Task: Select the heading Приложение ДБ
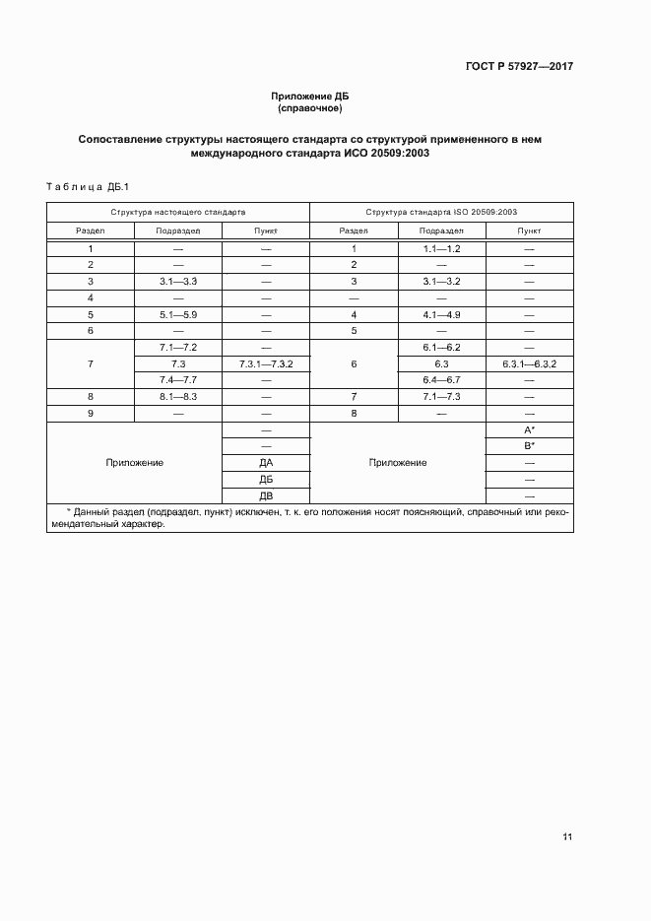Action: click(x=310, y=96)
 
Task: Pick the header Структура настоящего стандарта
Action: click(x=178, y=212)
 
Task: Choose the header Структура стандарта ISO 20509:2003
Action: click(x=441, y=212)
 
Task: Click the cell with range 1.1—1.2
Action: click(x=441, y=248)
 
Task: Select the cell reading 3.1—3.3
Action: click(x=178, y=282)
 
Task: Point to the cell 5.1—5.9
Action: click(x=178, y=315)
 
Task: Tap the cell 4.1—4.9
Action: click(x=441, y=315)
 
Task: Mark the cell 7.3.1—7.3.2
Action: click(x=266, y=364)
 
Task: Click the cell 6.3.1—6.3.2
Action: click(x=529, y=364)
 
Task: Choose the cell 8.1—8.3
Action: click(x=178, y=397)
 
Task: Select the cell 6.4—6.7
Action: click(x=441, y=380)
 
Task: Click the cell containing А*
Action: click(x=529, y=430)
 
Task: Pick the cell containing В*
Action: click(x=529, y=446)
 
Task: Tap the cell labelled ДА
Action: click(x=266, y=463)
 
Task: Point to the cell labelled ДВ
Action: click(x=266, y=495)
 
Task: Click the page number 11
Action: click(x=567, y=837)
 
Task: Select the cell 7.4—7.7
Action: click(x=178, y=380)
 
